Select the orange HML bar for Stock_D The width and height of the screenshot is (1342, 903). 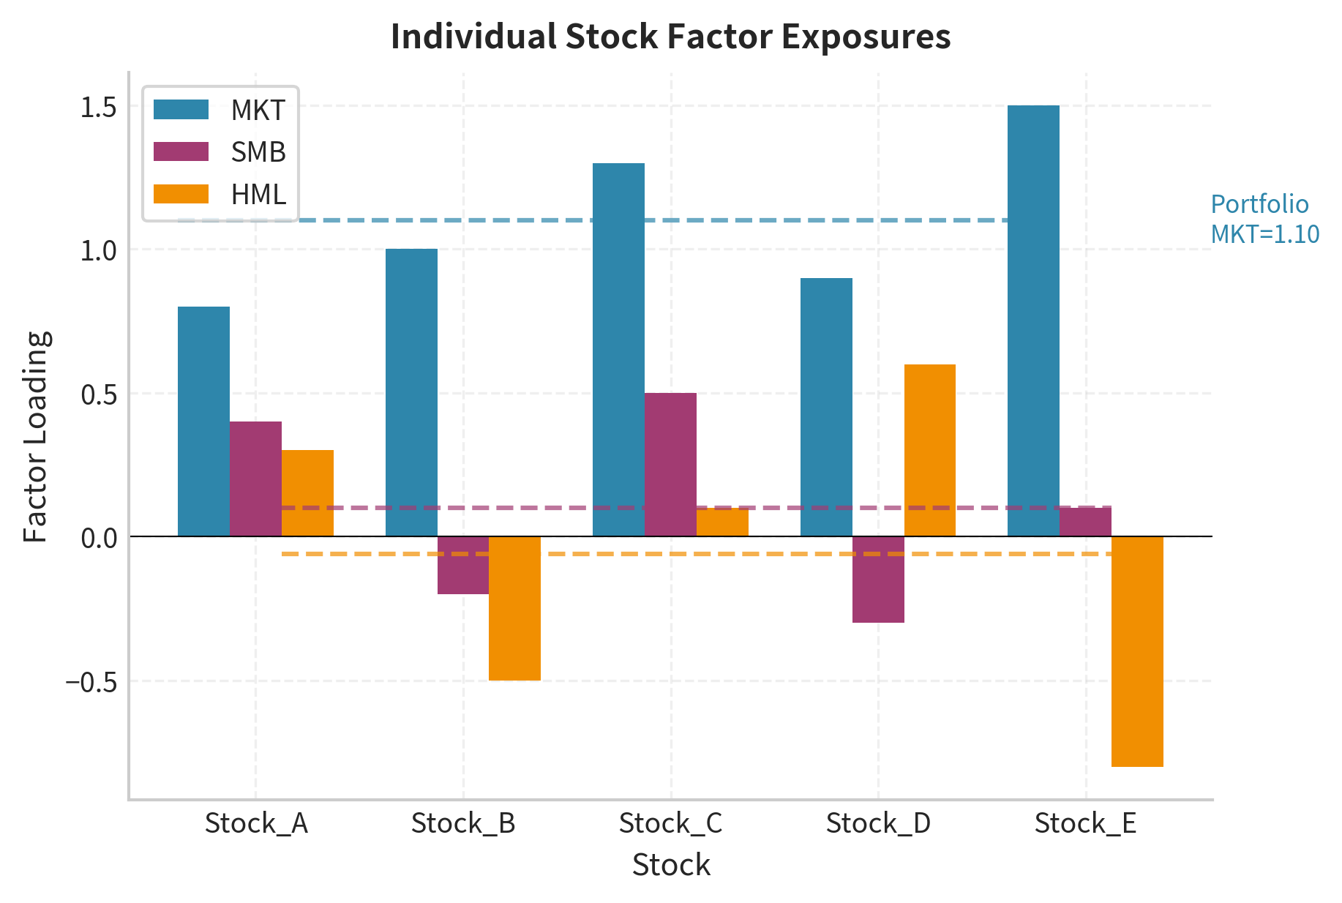click(929, 450)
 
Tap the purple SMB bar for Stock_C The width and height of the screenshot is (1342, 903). click(670, 465)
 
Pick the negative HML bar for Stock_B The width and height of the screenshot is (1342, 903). click(514, 608)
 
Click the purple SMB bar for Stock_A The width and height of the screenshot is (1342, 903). click(255, 479)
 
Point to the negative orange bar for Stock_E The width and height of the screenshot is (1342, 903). click(1137, 651)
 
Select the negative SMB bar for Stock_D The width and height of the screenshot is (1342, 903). click(878, 580)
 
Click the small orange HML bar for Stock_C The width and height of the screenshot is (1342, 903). click(722, 522)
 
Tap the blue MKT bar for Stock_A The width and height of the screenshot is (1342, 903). click(203, 421)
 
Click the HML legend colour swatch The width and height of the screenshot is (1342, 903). click(181, 195)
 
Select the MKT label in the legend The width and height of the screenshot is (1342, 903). click(258, 110)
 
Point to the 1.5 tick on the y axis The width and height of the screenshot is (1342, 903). click(98, 107)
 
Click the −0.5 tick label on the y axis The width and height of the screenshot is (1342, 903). click(91, 682)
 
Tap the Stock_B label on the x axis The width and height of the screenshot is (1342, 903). click(463, 823)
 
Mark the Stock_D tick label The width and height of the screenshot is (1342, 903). click(878, 823)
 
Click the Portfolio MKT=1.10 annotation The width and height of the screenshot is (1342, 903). click(1264, 219)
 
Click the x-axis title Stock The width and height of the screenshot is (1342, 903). click(671, 865)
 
